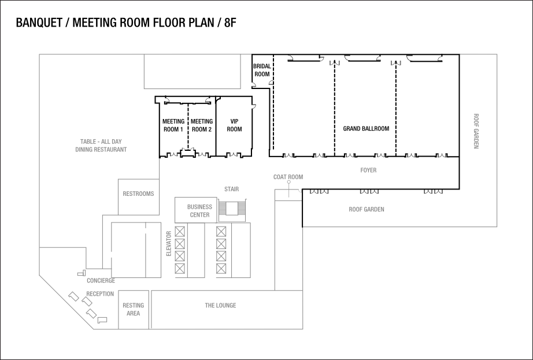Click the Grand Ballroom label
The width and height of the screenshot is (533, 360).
tap(365, 128)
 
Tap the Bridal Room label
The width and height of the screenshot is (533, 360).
tap(262, 70)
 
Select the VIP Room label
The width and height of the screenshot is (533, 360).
tap(234, 125)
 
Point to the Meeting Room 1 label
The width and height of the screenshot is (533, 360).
tap(173, 125)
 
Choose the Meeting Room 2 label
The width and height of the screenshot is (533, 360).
tap(202, 125)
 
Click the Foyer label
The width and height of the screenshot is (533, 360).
tap(368, 170)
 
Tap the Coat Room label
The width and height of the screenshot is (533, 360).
tap(288, 177)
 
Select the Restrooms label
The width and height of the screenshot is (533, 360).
tap(138, 194)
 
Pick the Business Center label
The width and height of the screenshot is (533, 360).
tap(199, 210)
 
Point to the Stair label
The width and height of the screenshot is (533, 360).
tap(231, 189)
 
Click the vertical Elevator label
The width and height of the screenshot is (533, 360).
tap(169, 244)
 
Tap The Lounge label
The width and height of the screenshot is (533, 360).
tap(220, 305)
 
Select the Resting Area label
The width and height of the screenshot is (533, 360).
tap(134, 309)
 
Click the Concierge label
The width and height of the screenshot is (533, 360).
tap(101, 281)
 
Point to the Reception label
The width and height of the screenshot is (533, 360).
tap(100, 294)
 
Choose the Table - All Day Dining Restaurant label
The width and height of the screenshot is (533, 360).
tap(101, 145)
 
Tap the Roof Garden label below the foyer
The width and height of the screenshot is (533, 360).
tap(367, 209)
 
